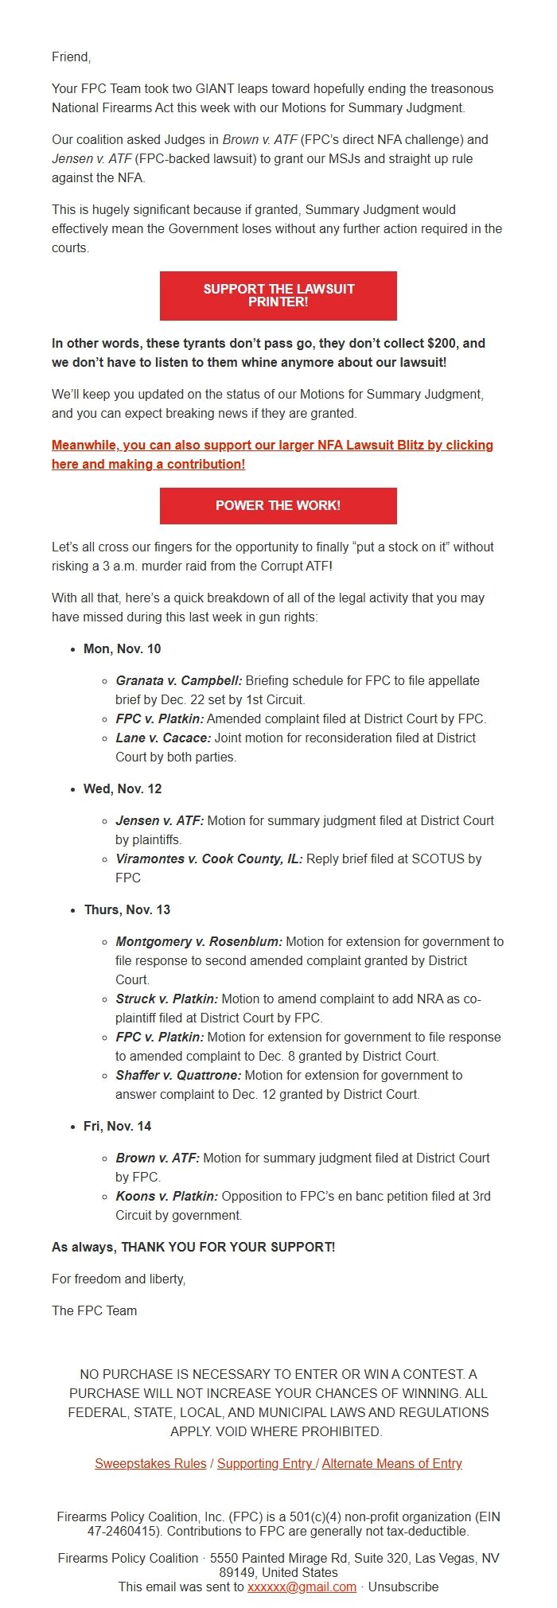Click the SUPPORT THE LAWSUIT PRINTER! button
click(278, 295)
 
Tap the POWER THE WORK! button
click(278, 505)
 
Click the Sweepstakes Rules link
click(150, 1463)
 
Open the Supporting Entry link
click(265, 1463)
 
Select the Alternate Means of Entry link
click(391, 1463)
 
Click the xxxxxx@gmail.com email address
click(302, 1587)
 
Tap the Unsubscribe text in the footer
click(403, 1587)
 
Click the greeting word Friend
click(71, 56)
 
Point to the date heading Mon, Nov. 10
click(122, 648)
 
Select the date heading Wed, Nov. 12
click(122, 788)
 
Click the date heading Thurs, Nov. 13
click(127, 909)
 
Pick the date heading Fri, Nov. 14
click(117, 1126)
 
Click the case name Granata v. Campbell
click(178, 680)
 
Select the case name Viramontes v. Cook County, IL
click(208, 859)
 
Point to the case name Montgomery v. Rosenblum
click(199, 941)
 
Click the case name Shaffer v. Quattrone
click(178, 1075)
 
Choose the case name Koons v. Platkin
click(166, 1196)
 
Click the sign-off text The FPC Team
click(94, 1310)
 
